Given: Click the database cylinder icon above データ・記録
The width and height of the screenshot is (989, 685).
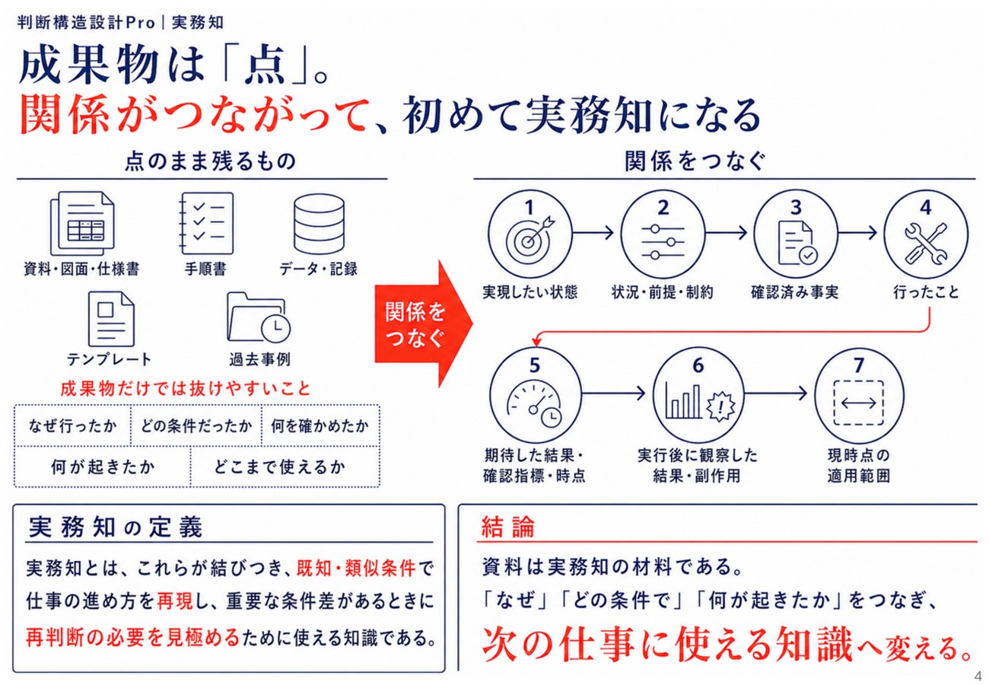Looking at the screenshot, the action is click(x=319, y=224).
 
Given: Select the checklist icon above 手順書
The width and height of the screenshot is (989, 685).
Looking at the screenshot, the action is click(x=206, y=223).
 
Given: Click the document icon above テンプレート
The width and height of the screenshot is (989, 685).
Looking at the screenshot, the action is click(x=111, y=319).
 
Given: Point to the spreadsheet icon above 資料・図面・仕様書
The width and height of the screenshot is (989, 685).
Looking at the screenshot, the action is click(x=82, y=224).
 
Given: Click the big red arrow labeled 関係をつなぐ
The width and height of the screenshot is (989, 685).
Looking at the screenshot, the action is click(x=424, y=323).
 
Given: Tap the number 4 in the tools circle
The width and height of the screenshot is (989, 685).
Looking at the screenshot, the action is click(x=925, y=207).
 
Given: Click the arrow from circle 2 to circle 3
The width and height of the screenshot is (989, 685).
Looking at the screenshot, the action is click(x=726, y=232).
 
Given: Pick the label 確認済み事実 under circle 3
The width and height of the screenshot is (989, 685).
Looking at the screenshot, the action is click(x=795, y=292).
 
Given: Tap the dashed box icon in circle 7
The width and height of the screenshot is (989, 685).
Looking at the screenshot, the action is click(x=859, y=403).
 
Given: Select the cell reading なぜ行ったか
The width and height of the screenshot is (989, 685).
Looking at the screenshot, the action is click(x=73, y=425).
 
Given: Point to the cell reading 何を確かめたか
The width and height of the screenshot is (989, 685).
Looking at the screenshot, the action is click(x=320, y=425).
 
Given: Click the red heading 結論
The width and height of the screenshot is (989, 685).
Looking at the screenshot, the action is click(x=507, y=527).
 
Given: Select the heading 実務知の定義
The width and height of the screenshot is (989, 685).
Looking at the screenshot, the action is click(x=116, y=527).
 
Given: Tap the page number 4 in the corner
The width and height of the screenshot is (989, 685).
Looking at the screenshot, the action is click(x=978, y=676).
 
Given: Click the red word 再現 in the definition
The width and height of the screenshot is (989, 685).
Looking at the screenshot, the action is click(x=175, y=601).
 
